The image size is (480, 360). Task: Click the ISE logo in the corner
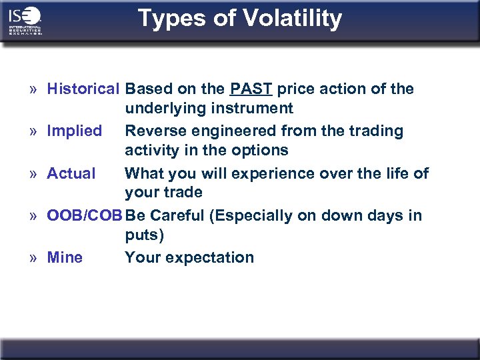tap(25, 21)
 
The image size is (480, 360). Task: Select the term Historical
tap(83, 89)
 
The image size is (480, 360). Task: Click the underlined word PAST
tap(251, 89)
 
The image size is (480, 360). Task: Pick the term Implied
tap(74, 131)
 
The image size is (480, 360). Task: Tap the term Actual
tap(71, 173)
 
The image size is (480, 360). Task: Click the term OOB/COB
tap(85, 215)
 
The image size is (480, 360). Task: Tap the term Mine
tap(65, 257)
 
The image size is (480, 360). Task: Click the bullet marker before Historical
tap(33, 89)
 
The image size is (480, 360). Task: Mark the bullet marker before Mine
tap(33, 258)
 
